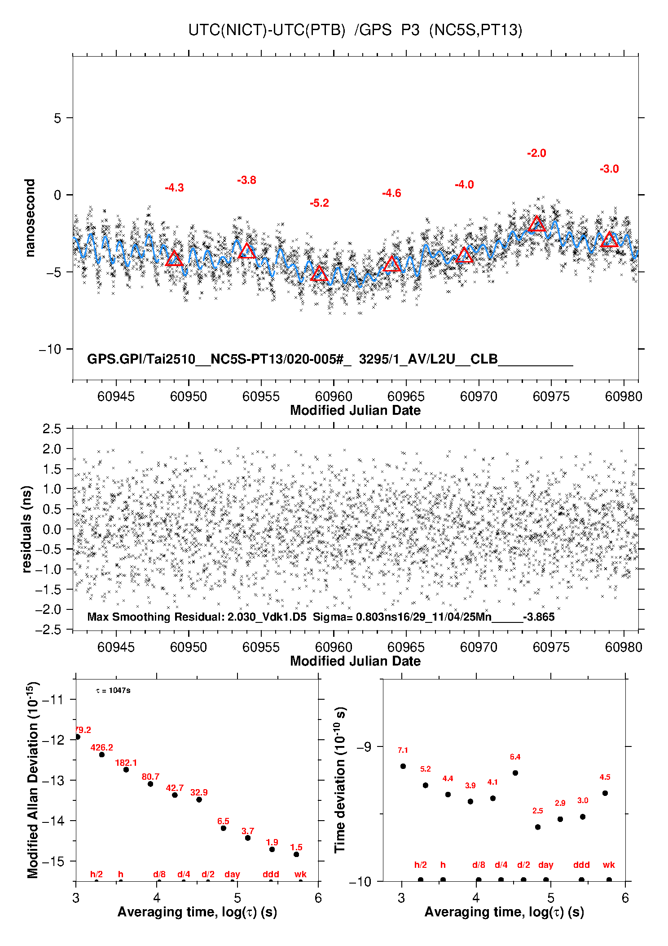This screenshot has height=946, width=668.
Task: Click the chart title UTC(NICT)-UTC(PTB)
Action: coord(267,30)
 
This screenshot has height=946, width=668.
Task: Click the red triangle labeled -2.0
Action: coord(537,224)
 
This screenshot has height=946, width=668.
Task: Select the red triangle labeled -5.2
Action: coord(319,273)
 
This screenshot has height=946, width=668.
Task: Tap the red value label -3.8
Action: coord(246,180)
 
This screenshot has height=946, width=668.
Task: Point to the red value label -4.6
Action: coord(391,193)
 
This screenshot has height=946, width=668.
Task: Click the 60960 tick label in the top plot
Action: coord(333,396)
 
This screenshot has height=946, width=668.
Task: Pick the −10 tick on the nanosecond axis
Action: coord(51,349)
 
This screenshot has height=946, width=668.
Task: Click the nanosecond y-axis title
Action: coord(30,218)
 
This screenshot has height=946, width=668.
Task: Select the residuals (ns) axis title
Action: coord(27,529)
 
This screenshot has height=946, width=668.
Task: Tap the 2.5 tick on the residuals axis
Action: coord(52,429)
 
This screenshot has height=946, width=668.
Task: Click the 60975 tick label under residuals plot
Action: coord(551,647)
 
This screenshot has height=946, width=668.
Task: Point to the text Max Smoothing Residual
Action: coord(155,617)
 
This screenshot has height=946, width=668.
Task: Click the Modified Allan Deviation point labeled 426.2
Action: coord(102,755)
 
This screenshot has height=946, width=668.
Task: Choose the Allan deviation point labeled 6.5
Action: coord(223,828)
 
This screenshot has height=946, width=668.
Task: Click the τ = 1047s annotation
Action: coord(113,690)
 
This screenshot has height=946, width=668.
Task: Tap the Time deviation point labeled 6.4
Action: coord(515,773)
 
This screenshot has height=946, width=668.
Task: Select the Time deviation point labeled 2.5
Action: coord(538,827)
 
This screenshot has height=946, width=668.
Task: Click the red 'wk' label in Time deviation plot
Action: coord(609,865)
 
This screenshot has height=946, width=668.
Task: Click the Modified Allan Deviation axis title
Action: coord(32,780)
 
